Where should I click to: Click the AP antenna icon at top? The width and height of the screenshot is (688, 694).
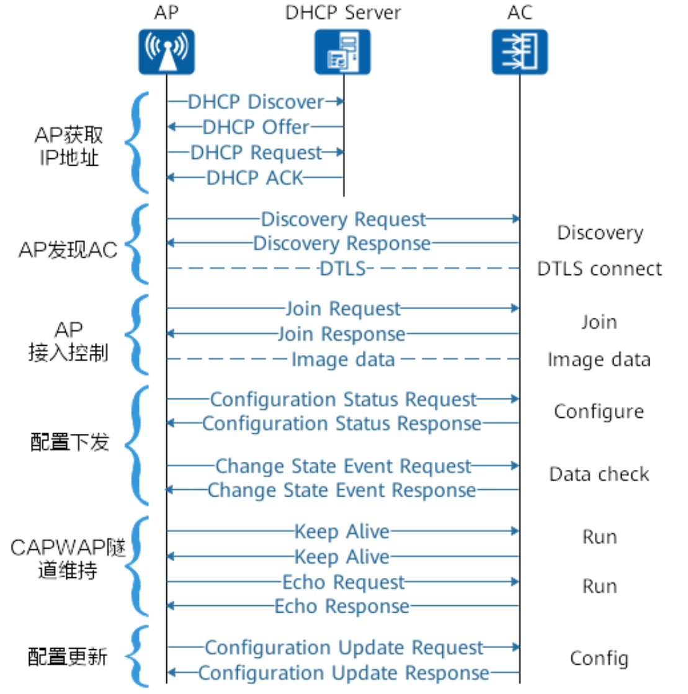166,52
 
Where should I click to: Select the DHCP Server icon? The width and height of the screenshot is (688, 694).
343,52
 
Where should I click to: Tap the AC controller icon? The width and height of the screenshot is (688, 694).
519,52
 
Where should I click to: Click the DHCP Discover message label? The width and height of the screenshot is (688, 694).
256,102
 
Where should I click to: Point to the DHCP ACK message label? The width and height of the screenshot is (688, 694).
255,178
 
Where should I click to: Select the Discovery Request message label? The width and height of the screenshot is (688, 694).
343,219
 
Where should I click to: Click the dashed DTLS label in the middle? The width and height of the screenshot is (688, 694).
342,269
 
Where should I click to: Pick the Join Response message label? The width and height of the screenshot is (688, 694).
341,334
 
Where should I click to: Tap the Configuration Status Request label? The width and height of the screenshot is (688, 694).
343,399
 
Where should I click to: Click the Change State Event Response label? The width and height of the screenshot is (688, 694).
342,490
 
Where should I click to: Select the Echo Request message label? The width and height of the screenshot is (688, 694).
343,582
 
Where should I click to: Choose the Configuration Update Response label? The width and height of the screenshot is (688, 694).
343,673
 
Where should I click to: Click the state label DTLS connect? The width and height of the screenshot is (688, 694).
599,269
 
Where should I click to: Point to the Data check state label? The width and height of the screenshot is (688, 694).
599,474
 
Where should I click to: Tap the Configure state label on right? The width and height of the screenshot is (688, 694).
599,412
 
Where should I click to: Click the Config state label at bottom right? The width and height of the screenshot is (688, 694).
599,659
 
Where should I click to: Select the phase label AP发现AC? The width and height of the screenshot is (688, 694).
68,250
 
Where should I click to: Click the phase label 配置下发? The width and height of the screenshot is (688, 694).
69,442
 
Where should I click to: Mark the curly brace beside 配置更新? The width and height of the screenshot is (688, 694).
137,656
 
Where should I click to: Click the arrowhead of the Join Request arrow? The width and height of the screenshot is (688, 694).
514,309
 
